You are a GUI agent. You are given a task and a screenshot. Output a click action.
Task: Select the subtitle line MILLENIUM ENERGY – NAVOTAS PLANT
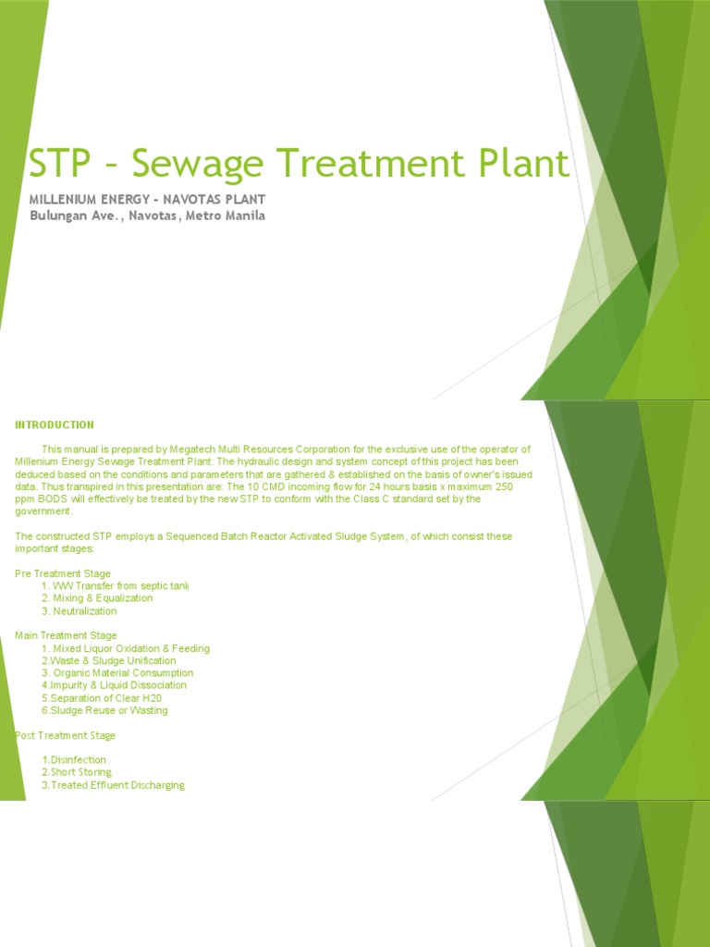(148, 201)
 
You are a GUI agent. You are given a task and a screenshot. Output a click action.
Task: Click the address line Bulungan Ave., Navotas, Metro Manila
(147, 216)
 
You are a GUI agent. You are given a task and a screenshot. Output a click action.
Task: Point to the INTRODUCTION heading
(55, 424)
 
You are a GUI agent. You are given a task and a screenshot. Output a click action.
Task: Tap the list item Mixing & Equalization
(97, 598)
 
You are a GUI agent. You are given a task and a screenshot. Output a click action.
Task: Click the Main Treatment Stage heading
(66, 635)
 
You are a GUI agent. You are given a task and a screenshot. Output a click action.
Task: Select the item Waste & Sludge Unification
(108, 661)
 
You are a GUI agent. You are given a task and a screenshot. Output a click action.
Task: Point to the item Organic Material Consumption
(117, 673)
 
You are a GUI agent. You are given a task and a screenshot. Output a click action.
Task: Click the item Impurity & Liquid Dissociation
(114, 685)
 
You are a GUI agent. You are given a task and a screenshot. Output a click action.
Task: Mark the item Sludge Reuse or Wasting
(104, 710)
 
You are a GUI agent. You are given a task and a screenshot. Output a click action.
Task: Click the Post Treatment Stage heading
(66, 735)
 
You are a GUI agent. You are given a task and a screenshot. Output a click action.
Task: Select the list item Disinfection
(74, 760)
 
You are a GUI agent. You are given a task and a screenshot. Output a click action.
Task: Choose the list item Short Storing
(77, 772)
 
